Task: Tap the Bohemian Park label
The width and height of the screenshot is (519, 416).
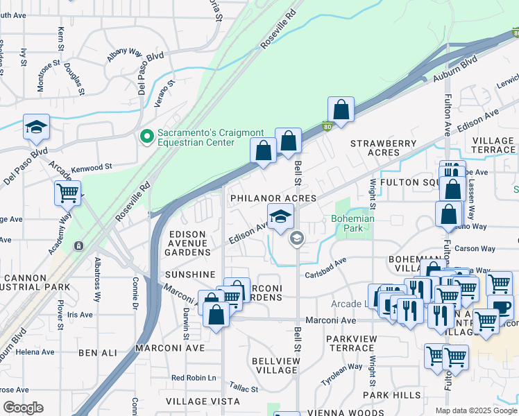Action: [x=352, y=223]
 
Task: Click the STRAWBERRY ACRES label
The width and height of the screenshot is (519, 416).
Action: [x=383, y=148]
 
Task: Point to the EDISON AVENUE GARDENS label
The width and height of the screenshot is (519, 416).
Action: [x=187, y=243]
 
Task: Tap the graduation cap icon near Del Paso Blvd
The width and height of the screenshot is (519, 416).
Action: [x=36, y=128]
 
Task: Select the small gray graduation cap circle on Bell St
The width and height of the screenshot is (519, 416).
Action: [x=296, y=239]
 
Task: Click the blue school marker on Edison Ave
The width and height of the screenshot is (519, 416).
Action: [x=280, y=216]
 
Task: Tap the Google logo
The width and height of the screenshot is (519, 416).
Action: [x=22, y=408]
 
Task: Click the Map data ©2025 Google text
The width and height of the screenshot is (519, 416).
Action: [x=476, y=410]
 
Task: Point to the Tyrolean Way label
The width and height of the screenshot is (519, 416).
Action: [x=343, y=374]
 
